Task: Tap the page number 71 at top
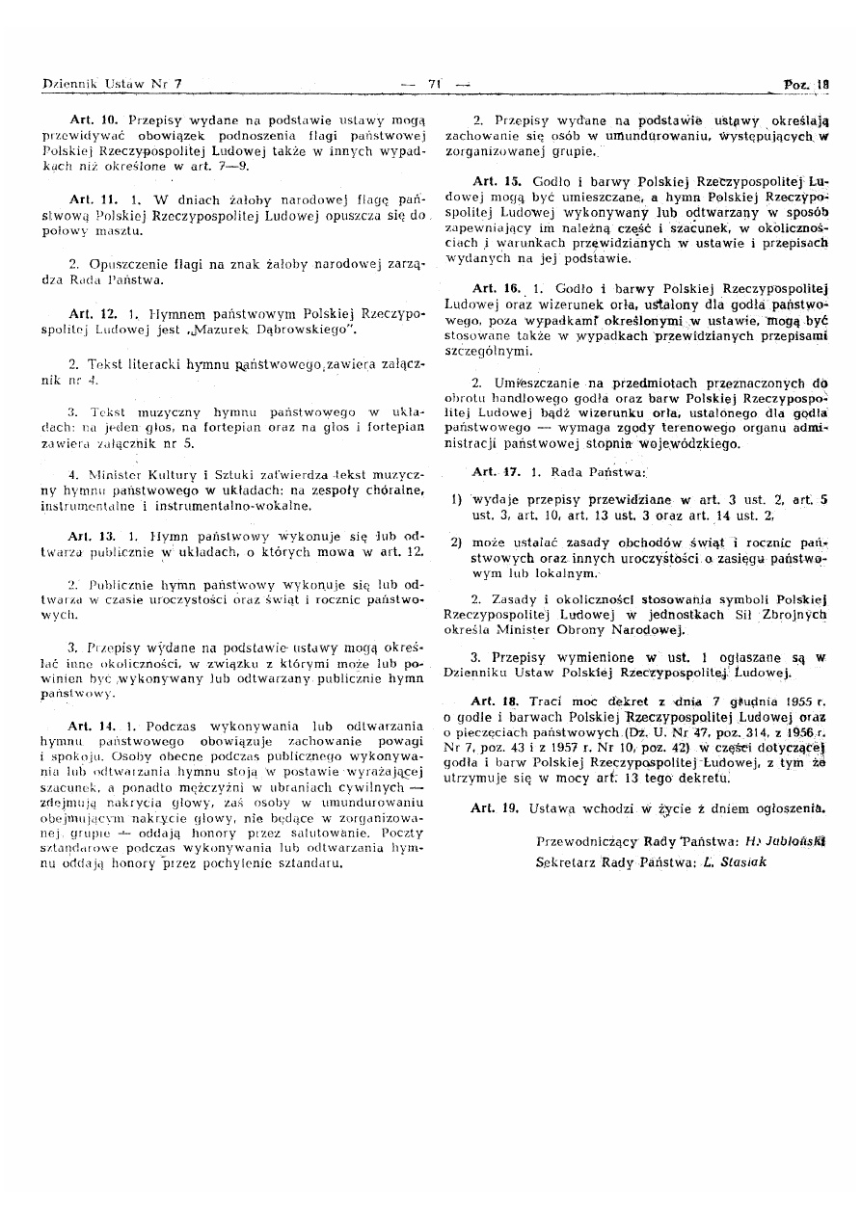click(433, 84)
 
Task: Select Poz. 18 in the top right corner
click(806, 84)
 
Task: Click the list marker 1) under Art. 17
click(456, 500)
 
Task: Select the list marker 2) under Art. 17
click(456, 542)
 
